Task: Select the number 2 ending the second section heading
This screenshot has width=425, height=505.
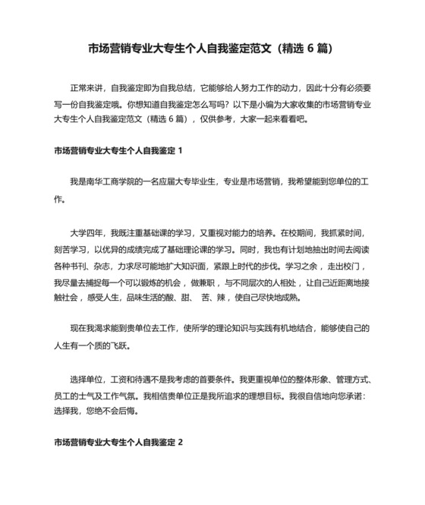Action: point(180,442)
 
